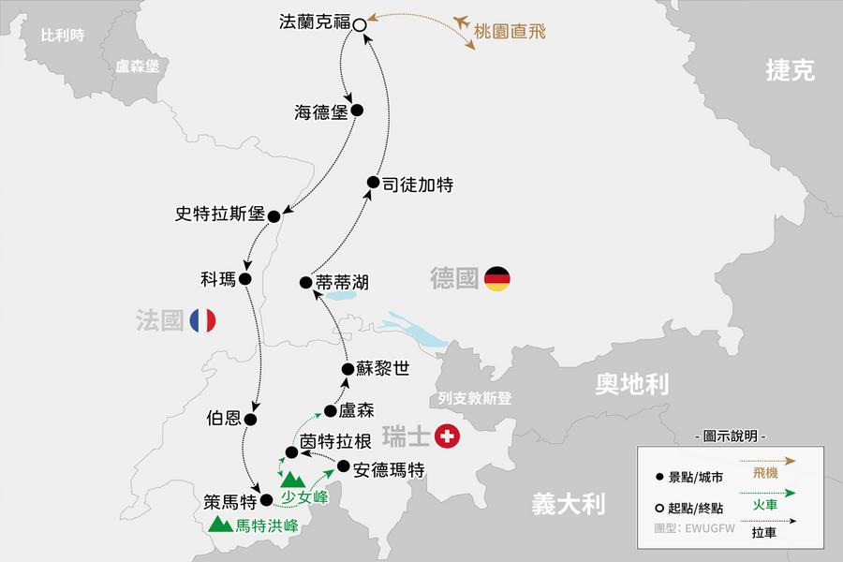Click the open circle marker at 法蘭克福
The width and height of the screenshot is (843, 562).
[359, 25]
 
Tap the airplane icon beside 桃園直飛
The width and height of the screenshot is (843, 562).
[461, 21]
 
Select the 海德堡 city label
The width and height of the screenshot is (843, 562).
[321, 112]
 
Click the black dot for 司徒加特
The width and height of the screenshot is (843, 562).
[373, 183]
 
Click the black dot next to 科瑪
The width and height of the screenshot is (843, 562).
[245, 278]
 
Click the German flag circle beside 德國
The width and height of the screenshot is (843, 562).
[497, 277]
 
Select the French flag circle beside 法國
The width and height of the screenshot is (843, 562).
[202, 320]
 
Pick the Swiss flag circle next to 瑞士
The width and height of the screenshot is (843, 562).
[450, 436]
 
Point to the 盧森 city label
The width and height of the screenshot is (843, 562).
[355, 411]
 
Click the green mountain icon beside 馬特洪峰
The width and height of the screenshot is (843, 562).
[221, 525]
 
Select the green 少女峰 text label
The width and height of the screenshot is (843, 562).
[305, 496]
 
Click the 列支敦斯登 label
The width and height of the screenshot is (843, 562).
[475, 398]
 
